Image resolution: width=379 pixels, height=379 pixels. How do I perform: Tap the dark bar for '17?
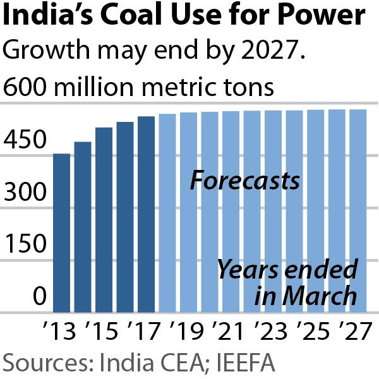pyautogui.click(x=146, y=214)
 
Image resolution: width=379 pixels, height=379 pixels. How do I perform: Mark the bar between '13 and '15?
pyautogui.click(x=83, y=227)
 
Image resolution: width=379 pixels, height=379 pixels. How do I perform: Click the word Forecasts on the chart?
pyautogui.click(x=245, y=181)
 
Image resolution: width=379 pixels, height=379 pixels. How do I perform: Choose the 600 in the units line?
pyautogui.click(x=23, y=87)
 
